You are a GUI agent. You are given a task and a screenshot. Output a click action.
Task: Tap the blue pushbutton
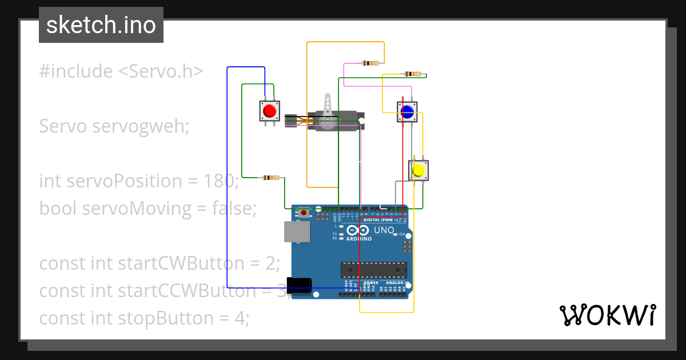click(x=407, y=112)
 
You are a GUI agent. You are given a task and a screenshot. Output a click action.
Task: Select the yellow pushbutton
click(x=418, y=170)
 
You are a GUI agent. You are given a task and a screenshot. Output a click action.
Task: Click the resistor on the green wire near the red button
click(x=270, y=178)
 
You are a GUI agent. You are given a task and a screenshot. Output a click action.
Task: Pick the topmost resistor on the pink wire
click(x=370, y=63)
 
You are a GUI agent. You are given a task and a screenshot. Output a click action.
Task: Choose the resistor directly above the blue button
click(x=412, y=74)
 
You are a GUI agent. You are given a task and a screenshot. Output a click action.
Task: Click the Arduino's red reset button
click(x=304, y=213)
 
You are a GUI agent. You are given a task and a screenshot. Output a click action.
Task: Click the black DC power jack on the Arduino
click(x=300, y=285)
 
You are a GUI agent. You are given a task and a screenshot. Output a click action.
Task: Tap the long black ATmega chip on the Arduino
click(x=374, y=270)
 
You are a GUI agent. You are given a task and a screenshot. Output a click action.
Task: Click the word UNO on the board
click(x=384, y=230)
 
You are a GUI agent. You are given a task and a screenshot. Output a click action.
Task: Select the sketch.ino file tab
click(x=101, y=25)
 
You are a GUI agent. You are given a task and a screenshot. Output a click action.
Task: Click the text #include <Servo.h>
click(x=121, y=71)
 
